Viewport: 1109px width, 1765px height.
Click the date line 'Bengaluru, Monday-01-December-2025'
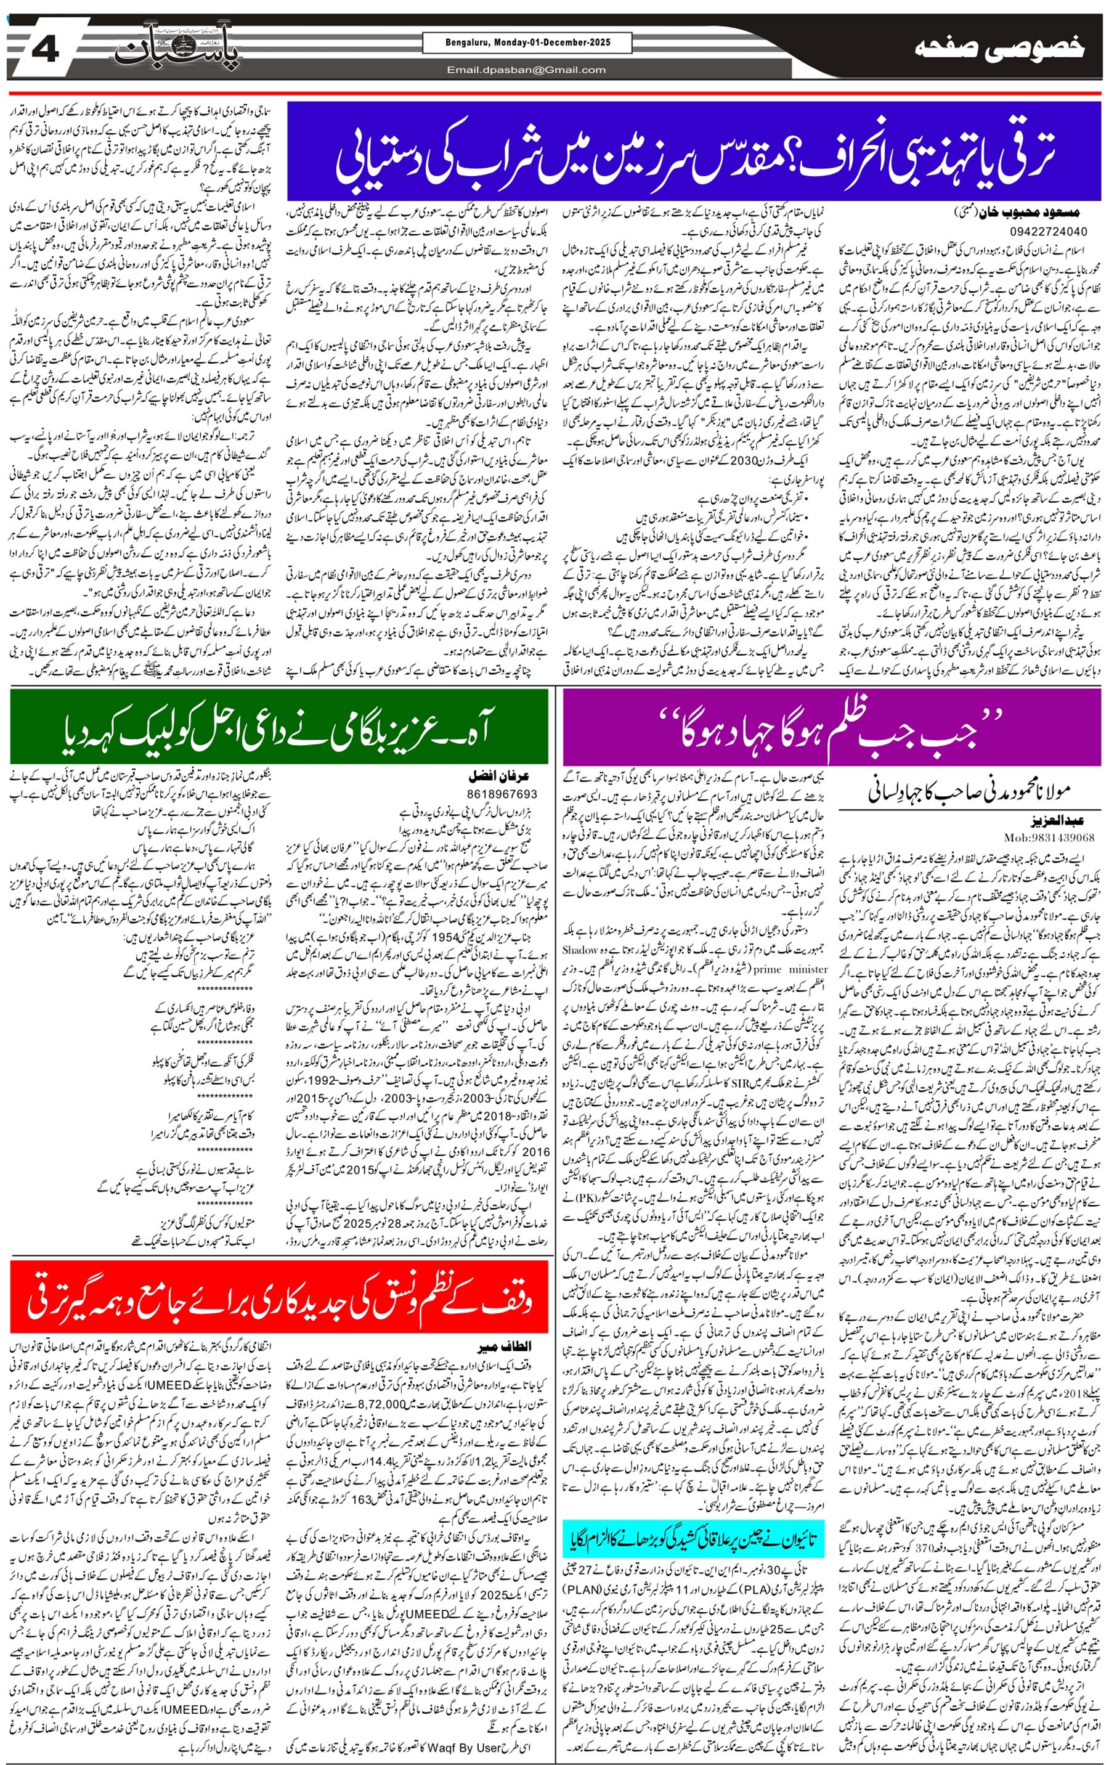click(527, 43)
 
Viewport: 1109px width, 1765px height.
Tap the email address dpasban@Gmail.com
click(526, 70)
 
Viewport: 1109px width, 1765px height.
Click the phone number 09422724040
click(1048, 231)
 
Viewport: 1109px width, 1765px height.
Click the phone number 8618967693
click(502, 793)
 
